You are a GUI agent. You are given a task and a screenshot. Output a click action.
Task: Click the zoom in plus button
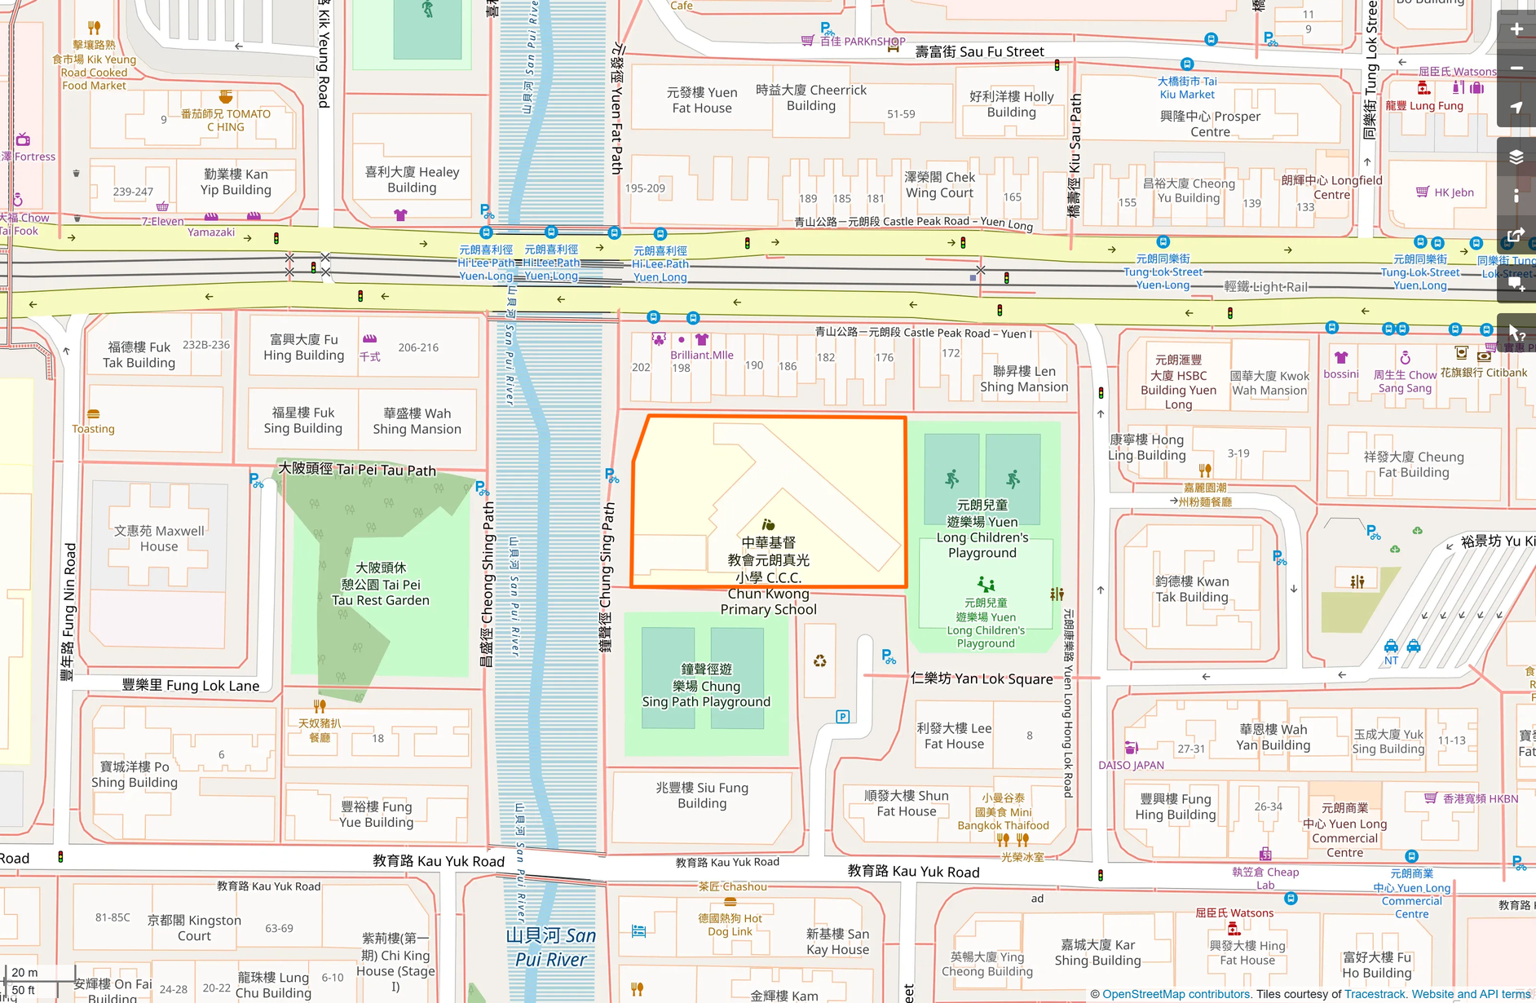(1516, 29)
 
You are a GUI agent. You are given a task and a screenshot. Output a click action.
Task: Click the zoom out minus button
(1516, 68)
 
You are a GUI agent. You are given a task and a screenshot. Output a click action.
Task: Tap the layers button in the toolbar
(1516, 157)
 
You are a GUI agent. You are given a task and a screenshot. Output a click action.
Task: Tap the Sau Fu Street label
(979, 51)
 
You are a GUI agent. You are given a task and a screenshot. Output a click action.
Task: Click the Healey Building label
(412, 179)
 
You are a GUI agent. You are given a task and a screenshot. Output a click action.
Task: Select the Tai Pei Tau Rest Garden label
(380, 584)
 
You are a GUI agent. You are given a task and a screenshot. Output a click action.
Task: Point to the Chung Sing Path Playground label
(706, 686)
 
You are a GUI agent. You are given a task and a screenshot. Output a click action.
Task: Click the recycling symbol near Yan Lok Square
(819, 661)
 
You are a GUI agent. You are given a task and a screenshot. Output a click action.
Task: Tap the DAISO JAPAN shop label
(1131, 765)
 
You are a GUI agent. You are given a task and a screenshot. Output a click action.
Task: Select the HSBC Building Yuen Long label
(1178, 382)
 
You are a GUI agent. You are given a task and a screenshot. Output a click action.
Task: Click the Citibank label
(1484, 373)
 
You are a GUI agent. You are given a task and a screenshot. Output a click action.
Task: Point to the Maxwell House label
(159, 538)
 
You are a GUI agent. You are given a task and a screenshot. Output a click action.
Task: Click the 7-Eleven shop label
(163, 221)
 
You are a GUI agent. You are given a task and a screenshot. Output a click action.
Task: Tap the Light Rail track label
(1265, 287)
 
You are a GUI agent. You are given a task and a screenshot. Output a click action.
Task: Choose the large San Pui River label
(551, 948)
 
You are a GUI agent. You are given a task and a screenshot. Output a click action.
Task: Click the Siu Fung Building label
(702, 795)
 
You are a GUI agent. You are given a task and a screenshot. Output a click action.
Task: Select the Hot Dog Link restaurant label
(730, 925)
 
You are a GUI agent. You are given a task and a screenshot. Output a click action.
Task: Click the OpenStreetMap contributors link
(1176, 994)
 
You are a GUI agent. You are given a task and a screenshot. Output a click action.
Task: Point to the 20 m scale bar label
(24, 972)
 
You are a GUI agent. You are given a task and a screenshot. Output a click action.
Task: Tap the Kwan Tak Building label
(1191, 589)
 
